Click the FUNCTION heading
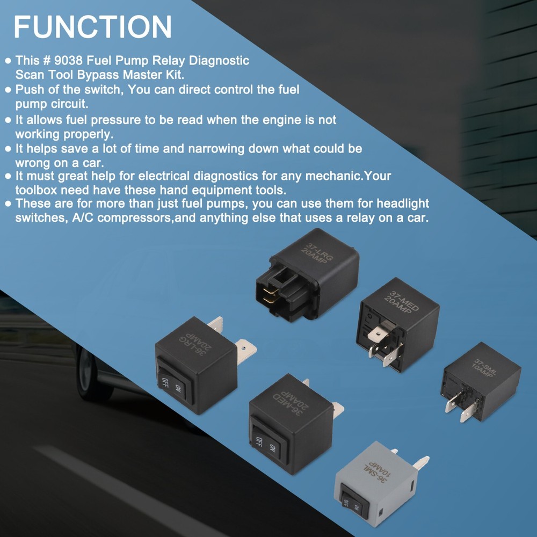[x=92, y=27]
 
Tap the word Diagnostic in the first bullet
[x=219, y=61]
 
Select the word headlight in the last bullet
[x=403, y=204]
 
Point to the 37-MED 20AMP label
[x=401, y=302]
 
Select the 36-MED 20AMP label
[x=291, y=402]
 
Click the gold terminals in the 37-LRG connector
[x=270, y=295]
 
